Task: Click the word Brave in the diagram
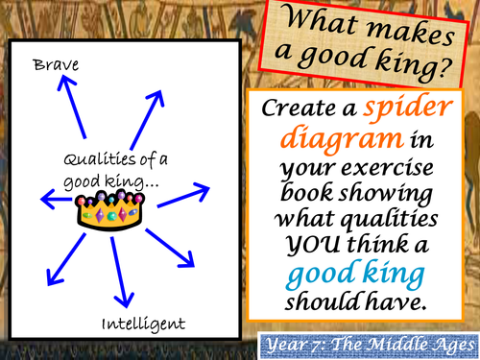56,65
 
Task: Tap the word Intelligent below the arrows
143,324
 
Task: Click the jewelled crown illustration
109,210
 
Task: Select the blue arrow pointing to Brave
72,107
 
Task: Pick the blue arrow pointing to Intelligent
121,273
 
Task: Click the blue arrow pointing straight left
57,199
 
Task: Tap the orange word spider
408,108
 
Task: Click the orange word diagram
342,139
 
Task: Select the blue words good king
355,274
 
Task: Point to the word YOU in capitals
313,245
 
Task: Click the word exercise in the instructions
387,167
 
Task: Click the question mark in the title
445,69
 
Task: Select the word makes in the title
410,32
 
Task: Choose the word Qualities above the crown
100,159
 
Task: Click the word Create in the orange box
300,108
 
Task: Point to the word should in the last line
323,301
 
